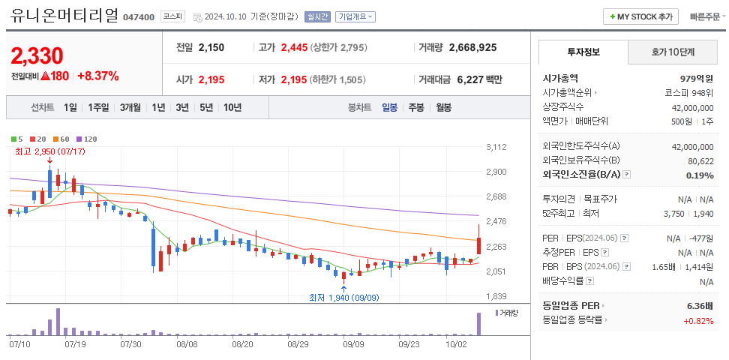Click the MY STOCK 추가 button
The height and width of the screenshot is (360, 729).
[640, 16]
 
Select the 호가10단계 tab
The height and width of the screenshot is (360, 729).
[673, 52]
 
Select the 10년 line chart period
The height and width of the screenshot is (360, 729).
[232, 107]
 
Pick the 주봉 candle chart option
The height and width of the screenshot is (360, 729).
[415, 107]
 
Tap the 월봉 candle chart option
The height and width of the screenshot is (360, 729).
[443, 107]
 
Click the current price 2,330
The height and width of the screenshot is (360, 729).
[37, 55]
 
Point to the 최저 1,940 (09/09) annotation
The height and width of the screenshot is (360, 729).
[343, 297]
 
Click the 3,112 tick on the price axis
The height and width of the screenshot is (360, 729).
[496, 147]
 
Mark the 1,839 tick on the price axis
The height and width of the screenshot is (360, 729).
[496, 296]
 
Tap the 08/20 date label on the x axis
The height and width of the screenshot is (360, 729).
[242, 344]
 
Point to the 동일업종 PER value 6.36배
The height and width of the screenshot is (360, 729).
[700, 306]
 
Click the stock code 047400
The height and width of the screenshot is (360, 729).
[139, 16]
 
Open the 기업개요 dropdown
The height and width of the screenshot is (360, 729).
[355, 16]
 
